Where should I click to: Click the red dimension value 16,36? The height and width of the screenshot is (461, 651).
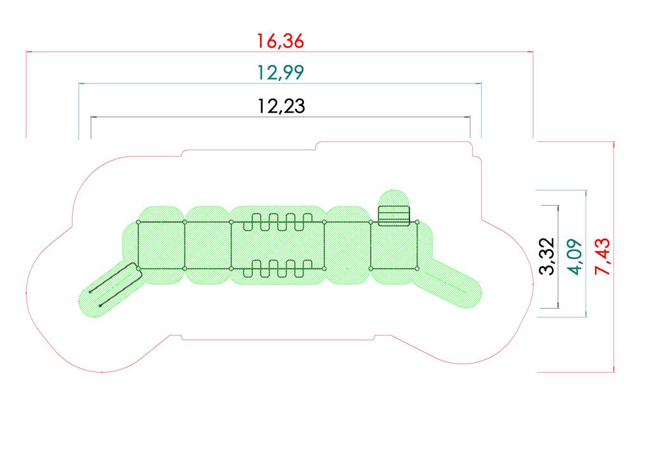click(280, 41)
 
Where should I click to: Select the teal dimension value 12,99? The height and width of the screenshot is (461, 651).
click(280, 73)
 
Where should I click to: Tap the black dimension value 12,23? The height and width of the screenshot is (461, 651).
click(281, 106)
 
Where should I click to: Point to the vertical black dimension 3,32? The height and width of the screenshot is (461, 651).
click(547, 256)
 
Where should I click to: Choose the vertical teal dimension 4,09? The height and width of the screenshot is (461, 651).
click(576, 257)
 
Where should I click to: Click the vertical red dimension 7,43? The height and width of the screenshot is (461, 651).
click(603, 257)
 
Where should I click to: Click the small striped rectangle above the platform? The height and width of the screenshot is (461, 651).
click(394, 216)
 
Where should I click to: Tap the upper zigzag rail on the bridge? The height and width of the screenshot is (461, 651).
click(278, 222)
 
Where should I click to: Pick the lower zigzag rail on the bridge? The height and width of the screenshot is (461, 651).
click(278, 269)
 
